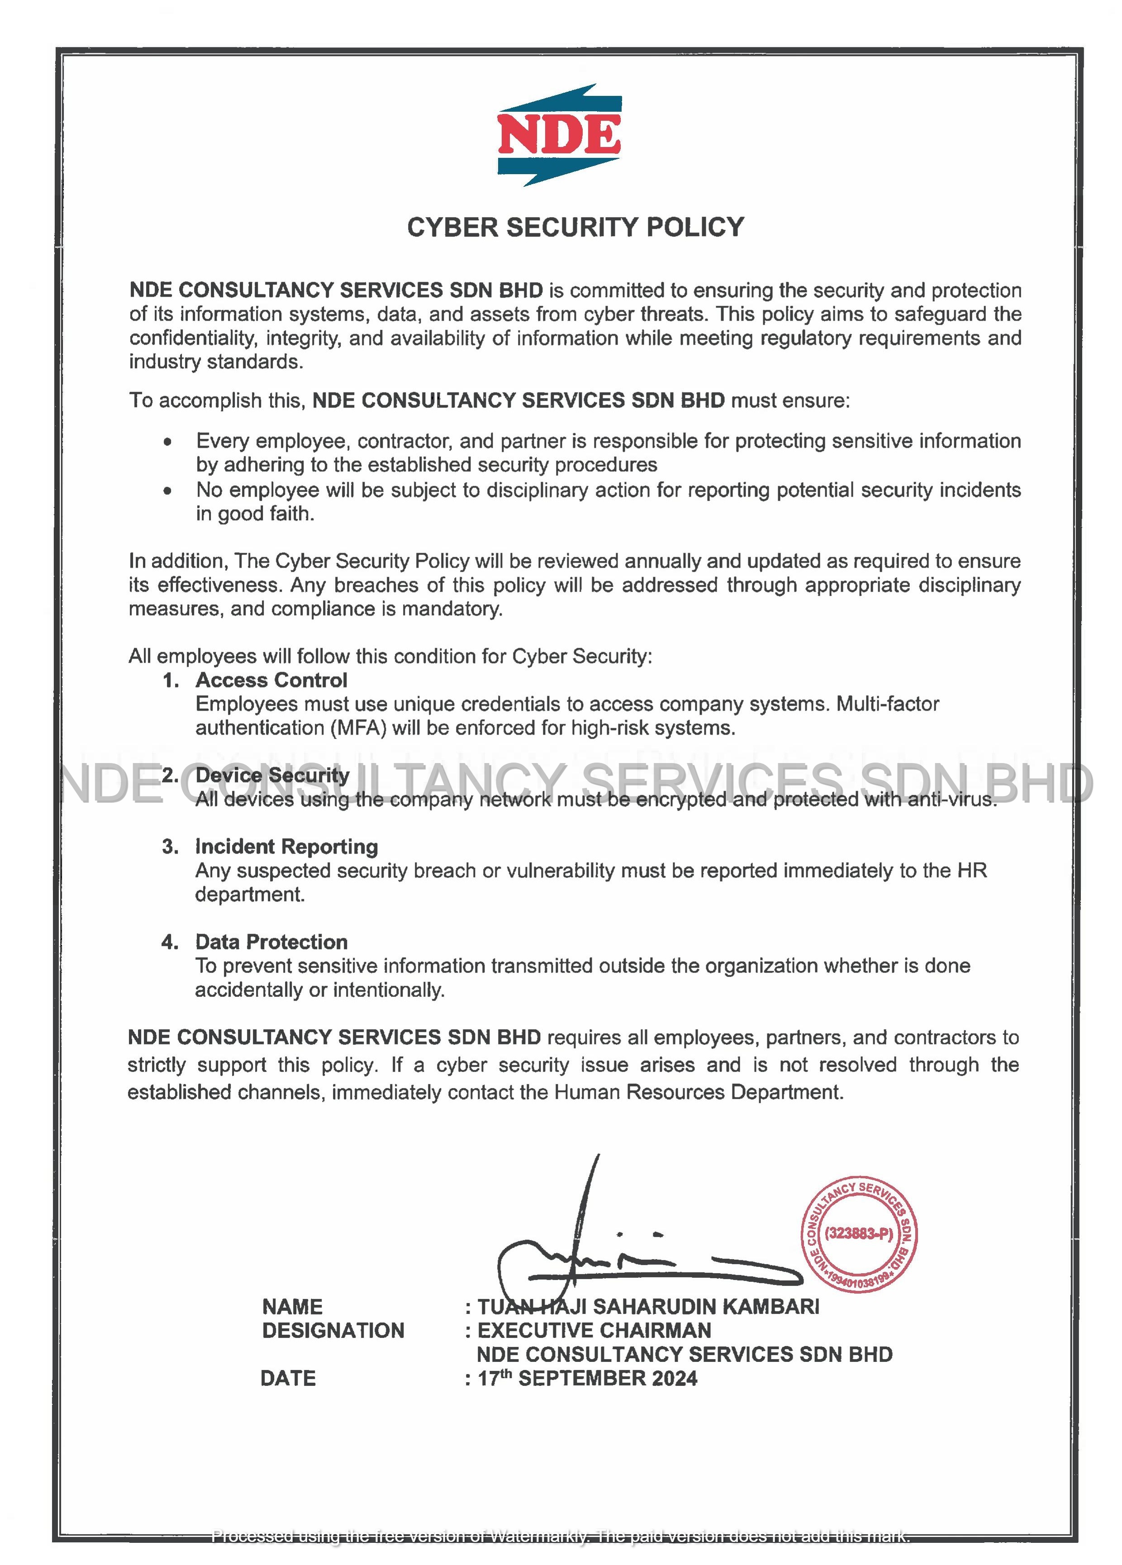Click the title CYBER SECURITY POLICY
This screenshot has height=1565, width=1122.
pyautogui.click(x=575, y=228)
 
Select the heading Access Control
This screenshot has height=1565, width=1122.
pyautogui.click(x=271, y=680)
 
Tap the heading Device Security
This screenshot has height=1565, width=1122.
pyautogui.click(x=272, y=775)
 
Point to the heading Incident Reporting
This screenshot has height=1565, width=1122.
pyautogui.click(x=286, y=847)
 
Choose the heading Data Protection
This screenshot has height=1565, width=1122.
pyautogui.click(x=271, y=942)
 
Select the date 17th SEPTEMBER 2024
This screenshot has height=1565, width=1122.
pyautogui.click(x=587, y=1379)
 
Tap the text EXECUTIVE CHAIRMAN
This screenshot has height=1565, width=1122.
pyautogui.click(x=594, y=1330)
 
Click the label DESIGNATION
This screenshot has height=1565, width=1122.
pyautogui.click(x=333, y=1330)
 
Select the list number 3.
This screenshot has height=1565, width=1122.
pyautogui.click(x=170, y=847)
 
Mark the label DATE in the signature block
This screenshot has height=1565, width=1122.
pyautogui.click(x=288, y=1379)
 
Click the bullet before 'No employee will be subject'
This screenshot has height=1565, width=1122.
pyautogui.click(x=168, y=491)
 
